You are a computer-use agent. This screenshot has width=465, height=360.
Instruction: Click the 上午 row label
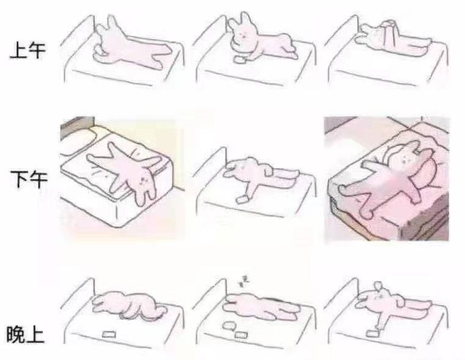pyautogui.click(x=28, y=50)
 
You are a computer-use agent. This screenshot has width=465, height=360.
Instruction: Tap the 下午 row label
pyautogui.click(x=28, y=180)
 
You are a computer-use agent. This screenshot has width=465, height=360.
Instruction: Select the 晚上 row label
pyautogui.click(x=26, y=334)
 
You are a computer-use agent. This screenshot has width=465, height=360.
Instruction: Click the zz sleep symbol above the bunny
pyautogui.click(x=245, y=281)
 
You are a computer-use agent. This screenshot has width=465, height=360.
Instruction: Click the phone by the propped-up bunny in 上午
pyautogui.click(x=240, y=59)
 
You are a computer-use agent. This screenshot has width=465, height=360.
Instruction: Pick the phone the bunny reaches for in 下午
pyautogui.click(x=242, y=199)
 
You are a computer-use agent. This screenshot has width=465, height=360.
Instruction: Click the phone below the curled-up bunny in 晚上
pyautogui.click(x=108, y=334)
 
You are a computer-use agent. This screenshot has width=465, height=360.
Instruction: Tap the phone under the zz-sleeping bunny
pyautogui.click(x=240, y=335)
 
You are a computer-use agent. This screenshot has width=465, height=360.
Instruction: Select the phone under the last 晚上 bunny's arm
pyautogui.click(x=372, y=333)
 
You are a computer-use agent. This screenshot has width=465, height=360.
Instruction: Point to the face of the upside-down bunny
pyautogui.click(x=145, y=180)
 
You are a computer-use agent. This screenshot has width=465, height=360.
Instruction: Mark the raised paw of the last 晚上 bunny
pyautogui.click(x=378, y=286)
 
